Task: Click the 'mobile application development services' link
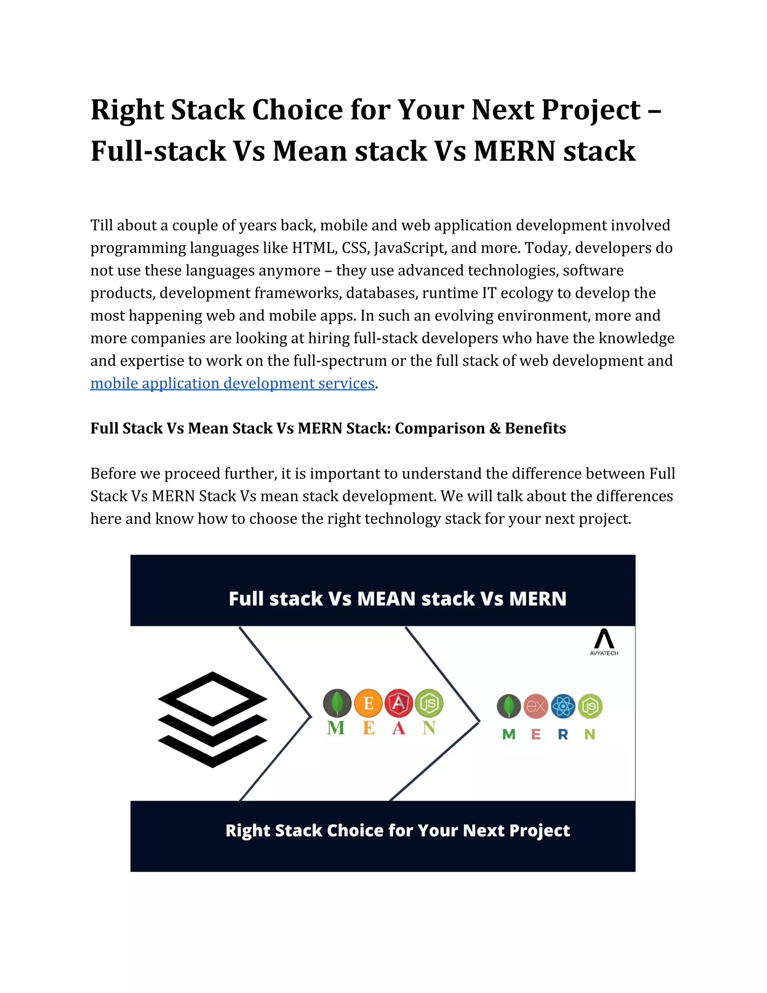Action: click(x=232, y=383)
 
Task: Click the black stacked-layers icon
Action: click(x=212, y=719)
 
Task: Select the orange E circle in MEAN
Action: click(x=368, y=703)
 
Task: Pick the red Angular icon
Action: click(x=398, y=703)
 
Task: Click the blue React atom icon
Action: click(x=563, y=706)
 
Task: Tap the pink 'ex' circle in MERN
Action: click(x=536, y=706)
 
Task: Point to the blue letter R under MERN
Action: click(x=563, y=734)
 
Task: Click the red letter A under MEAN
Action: click(x=398, y=728)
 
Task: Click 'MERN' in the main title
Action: click(x=514, y=151)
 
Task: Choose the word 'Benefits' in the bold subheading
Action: click(x=535, y=428)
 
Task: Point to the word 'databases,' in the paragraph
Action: click(x=382, y=293)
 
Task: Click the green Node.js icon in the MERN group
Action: click(x=590, y=706)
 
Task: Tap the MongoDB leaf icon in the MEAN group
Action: click(x=337, y=703)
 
